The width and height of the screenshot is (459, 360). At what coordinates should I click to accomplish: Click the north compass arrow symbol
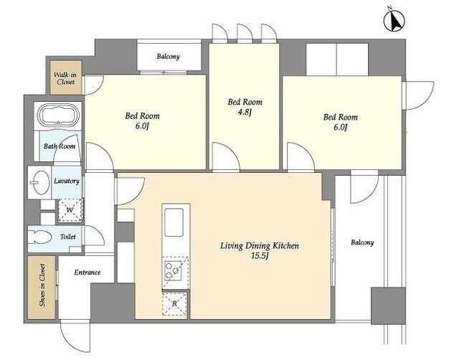[394, 20]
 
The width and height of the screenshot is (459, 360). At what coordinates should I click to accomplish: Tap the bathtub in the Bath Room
[58, 115]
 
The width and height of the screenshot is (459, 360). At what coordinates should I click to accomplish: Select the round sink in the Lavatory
[39, 182]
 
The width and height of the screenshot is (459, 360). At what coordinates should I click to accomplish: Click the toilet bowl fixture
[40, 237]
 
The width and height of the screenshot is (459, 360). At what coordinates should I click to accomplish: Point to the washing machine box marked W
[70, 210]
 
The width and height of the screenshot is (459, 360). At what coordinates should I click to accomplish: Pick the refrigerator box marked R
[175, 303]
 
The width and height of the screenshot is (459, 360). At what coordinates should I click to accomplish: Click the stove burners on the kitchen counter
[173, 270]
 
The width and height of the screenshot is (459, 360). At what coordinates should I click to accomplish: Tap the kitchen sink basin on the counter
[174, 222]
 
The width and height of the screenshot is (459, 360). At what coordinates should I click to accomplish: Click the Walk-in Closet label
[65, 78]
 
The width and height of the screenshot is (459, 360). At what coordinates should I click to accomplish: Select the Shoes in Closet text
[42, 285]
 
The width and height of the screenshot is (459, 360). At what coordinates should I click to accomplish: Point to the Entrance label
[87, 273]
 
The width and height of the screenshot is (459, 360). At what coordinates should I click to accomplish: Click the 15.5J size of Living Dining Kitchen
[260, 256]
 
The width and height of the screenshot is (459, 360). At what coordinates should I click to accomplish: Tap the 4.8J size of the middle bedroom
[245, 112]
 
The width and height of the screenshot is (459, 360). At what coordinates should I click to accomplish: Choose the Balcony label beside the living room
[362, 242]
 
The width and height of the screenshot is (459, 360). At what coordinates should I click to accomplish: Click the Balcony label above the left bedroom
[168, 56]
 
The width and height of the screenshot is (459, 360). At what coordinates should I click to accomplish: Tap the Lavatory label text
[67, 181]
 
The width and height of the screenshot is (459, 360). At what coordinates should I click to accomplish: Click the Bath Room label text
[60, 146]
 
